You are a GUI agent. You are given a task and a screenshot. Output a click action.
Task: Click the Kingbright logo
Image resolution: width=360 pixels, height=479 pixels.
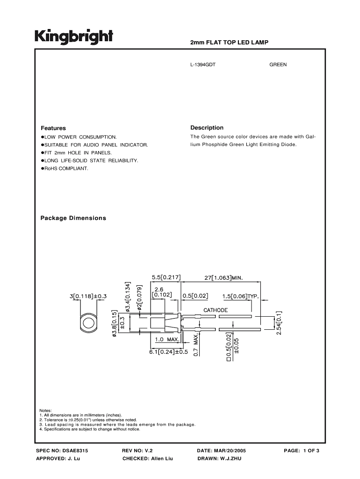(73, 36)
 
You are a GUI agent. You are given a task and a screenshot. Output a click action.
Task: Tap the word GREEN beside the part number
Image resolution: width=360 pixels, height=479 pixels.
(278, 65)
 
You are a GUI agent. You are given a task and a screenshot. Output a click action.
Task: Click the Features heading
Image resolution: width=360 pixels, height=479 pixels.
(53, 128)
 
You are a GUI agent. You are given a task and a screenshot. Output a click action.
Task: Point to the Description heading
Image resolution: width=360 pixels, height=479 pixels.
(207, 128)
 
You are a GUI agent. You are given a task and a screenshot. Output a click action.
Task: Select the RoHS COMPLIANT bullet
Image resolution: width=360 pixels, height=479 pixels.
(66, 168)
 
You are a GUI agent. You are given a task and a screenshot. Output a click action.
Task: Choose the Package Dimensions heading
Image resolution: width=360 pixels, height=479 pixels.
(73, 218)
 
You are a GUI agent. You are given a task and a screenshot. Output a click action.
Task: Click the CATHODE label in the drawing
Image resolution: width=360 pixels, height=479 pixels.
(215, 310)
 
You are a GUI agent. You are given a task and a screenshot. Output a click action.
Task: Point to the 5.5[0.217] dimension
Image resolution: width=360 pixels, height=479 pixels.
(166, 277)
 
